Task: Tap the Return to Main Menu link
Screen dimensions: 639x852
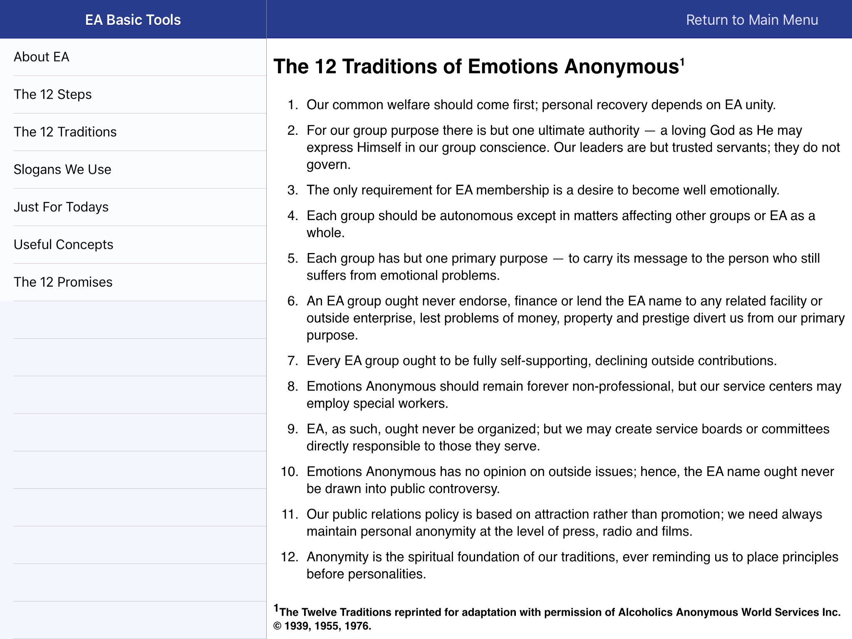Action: (752, 20)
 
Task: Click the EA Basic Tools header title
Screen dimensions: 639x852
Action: (133, 20)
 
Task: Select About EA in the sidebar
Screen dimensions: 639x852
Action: (42, 57)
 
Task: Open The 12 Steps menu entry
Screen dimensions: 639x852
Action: (53, 94)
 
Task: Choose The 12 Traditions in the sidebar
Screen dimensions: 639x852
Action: (65, 132)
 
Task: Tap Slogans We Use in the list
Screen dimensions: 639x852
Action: (62, 169)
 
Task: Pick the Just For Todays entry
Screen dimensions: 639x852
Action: (61, 207)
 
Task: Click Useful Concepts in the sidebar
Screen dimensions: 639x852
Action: (64, 244)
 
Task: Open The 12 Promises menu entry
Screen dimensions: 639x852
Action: (63, 282)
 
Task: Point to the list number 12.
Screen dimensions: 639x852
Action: (290, 557)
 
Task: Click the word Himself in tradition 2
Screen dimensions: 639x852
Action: (379, 148)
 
